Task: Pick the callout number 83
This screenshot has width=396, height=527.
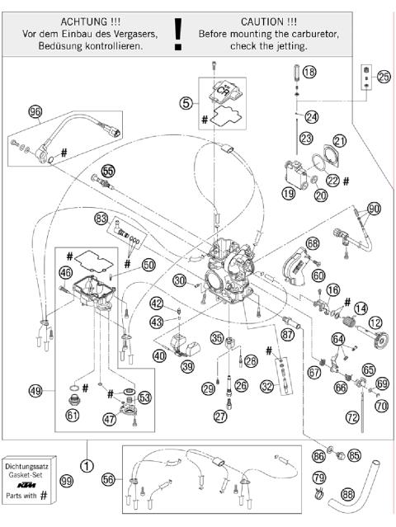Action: coord(101,219)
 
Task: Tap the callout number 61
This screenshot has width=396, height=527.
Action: coord(73,415)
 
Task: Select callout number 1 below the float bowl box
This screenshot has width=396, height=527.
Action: coord(87,450)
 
